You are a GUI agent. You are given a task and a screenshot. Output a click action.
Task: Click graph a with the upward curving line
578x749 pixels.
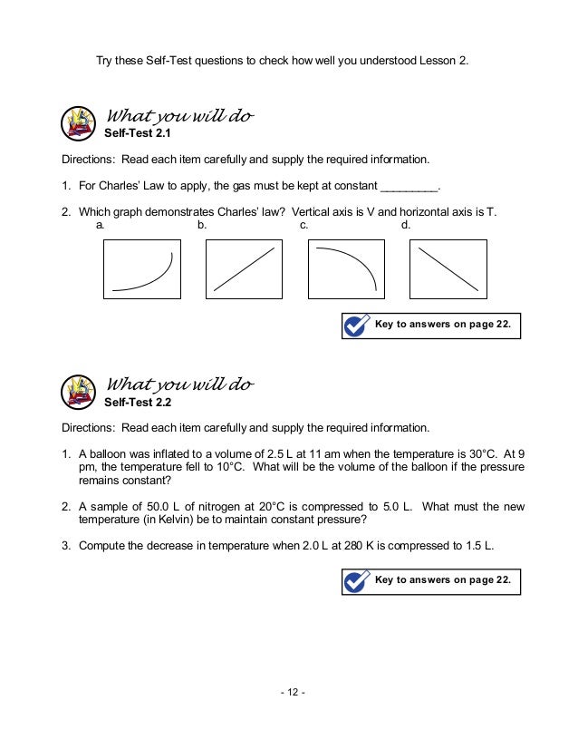coord(142,268)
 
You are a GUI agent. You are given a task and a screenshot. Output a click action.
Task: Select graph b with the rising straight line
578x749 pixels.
coord(244,268)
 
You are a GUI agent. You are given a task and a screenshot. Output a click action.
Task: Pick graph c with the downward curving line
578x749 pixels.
coord(346,268)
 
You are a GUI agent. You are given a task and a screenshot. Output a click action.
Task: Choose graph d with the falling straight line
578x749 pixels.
coord(448,268)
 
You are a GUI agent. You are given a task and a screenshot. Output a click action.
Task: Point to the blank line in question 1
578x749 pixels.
coord(409,188)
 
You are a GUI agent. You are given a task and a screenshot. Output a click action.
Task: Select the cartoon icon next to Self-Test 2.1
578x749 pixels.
coord(81,123)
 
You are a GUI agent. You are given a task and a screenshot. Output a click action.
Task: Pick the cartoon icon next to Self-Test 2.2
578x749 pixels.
coord(81,391)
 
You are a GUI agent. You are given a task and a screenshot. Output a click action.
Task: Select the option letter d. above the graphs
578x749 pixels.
coord(406,224)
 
